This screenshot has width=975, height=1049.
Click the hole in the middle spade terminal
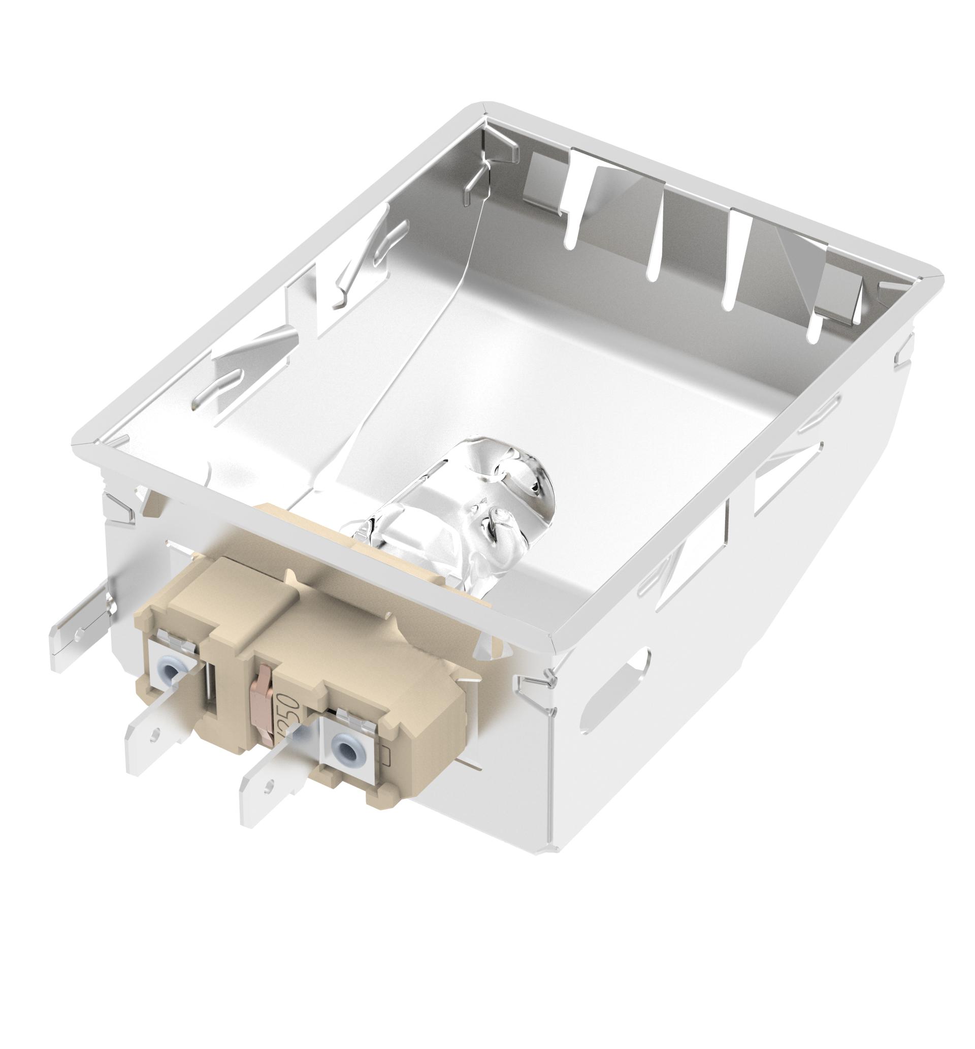tap(154, 734)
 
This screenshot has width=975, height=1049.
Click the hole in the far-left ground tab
tap(79, 631)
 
